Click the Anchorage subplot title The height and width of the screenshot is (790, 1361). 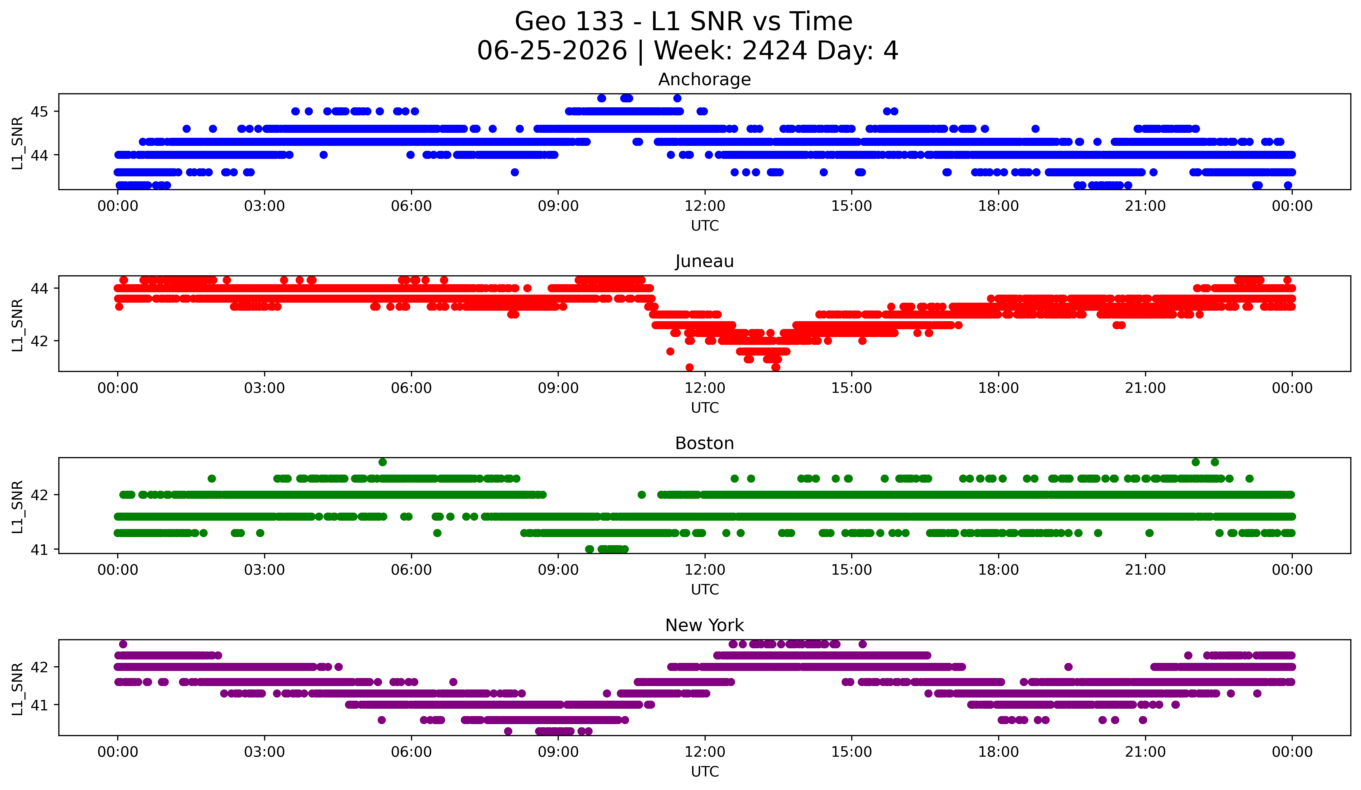click(x=704, y=79)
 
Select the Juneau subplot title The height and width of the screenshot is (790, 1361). click(x=704, y=261)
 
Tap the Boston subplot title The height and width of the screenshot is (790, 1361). click(x=704, y=443)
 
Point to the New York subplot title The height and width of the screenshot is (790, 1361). click(x=704, y=625)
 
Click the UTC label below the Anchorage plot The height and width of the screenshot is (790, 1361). click(x=705, y=226)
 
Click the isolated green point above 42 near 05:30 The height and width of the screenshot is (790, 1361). click(x=382, y=462)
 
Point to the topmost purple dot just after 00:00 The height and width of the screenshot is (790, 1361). click(x=123, y=644)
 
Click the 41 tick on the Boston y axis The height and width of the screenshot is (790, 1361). click(x=39, y=550)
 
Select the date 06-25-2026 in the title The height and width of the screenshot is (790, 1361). click(x=552, y=51)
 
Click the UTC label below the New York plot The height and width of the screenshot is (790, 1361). click(x=705, y=772)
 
